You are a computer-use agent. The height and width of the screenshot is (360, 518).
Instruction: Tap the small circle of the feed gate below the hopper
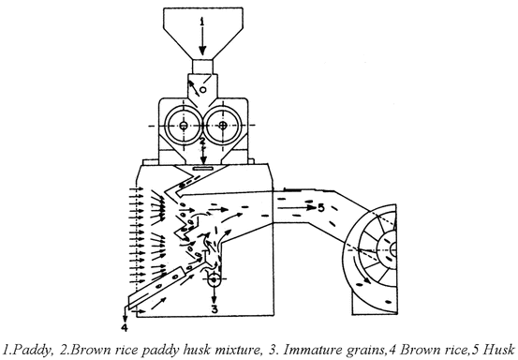tap(202, 90)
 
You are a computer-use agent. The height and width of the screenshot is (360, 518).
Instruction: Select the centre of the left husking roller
tap(181, 124)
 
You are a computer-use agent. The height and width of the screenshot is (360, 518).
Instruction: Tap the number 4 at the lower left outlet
tap(124, 328)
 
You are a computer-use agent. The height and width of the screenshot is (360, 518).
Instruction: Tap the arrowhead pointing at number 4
tap(126, 317)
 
